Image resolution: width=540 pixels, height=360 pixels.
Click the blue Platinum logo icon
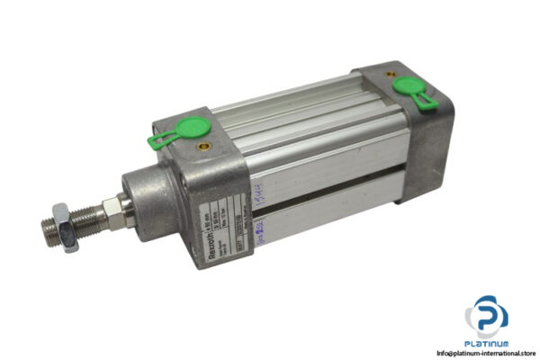click(486, 318)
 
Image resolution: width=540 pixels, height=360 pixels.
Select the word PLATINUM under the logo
click(487, 344)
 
